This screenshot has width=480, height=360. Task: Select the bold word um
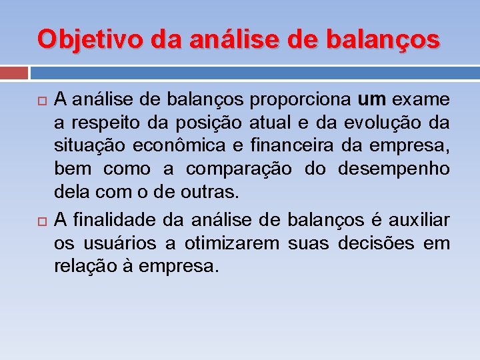(372, 100)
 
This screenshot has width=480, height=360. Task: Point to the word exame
(421, 100)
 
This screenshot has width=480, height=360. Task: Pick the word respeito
(103, 123)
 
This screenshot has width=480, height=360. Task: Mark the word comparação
(239, 169)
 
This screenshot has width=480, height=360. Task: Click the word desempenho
(394, 169)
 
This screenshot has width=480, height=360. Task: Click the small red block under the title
(13, 73)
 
